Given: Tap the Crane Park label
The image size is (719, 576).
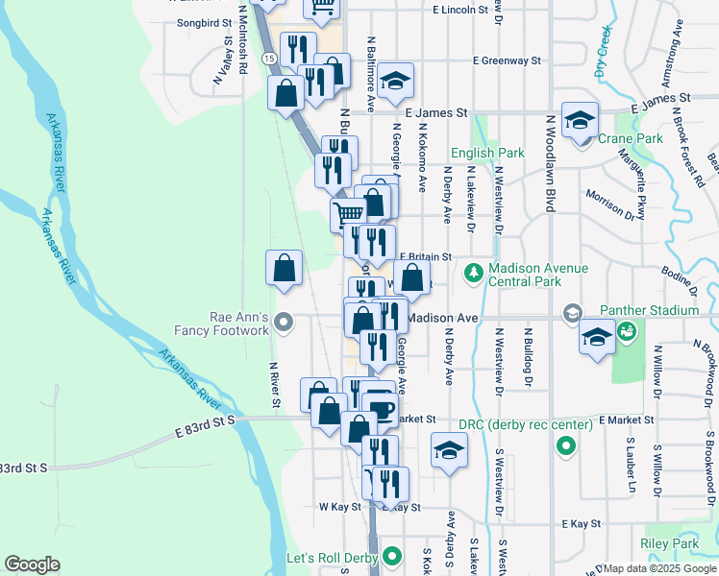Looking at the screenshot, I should tap(631, 138).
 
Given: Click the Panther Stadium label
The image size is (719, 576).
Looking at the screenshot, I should tap(648, 310).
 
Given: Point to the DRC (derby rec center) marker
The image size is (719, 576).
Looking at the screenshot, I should tap(566, 446).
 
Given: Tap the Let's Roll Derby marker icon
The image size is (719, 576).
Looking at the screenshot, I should tap(392, 556).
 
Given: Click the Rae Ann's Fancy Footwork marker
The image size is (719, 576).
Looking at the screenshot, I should tap(283, 322).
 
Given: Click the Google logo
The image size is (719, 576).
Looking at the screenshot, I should tap(32, 564).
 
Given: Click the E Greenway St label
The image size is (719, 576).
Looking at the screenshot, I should tap(507, 60).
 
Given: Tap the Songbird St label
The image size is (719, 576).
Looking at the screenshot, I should tap(205, 21).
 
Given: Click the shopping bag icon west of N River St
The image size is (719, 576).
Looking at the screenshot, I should tap(285, 270).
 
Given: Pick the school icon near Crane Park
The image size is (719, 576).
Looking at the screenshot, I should tap(581, 121).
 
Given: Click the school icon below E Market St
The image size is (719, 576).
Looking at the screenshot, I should tap(449, 450).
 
